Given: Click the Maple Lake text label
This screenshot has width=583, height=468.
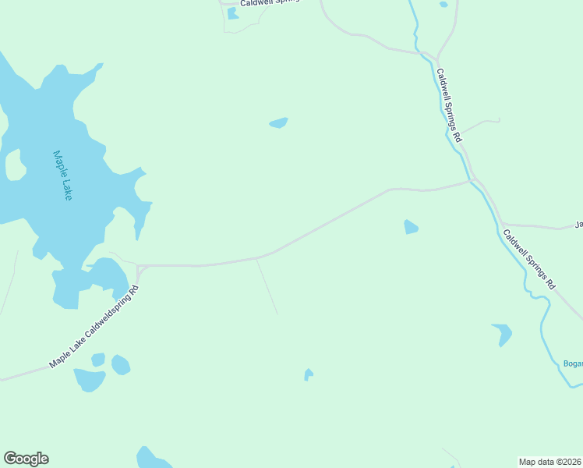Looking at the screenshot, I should [x=62, y=175].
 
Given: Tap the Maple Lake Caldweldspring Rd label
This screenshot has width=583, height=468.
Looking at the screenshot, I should [x=94, y=328].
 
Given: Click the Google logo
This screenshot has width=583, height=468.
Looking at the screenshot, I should [x=26, y=459].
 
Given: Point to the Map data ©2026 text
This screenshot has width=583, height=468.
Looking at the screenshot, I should [x=550, y=461].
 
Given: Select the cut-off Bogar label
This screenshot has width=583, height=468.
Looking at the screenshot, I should [x=572, y=363].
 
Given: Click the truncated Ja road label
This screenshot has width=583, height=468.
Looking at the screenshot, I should [x=578, y=225].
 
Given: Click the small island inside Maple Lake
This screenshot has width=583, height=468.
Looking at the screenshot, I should [x=14, y=165].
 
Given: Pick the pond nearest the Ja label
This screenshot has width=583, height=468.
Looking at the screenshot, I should [x=411, y=227].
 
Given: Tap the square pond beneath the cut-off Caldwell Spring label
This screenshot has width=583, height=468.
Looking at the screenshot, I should [x=233, y=13].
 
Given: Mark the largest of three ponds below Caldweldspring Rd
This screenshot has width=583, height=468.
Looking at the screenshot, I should [x=90, y=380].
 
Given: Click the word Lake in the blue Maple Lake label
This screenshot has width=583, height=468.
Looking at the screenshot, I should [x=66, y=188].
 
